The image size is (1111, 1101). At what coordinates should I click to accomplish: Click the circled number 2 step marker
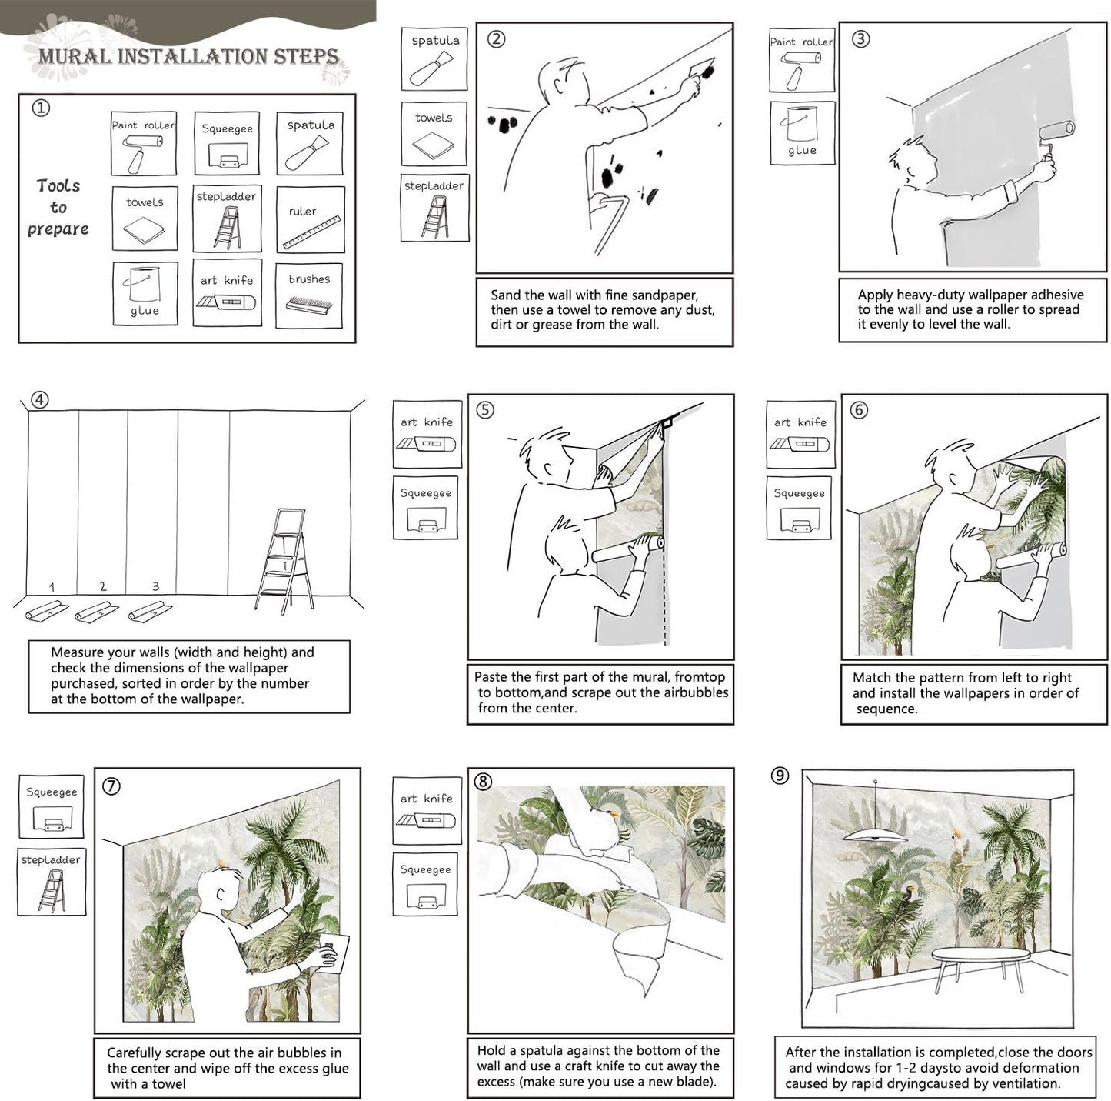[497, 38]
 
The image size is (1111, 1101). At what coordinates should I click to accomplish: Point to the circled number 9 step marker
[780, 776]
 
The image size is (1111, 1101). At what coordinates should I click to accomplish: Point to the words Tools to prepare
[58, 207]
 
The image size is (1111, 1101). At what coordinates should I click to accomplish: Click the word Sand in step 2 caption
[505, 295]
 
